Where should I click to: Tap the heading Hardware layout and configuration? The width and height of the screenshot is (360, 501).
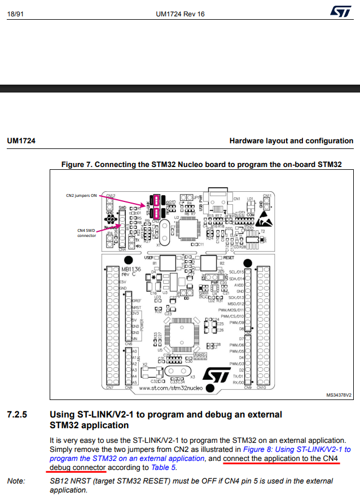(291, 141)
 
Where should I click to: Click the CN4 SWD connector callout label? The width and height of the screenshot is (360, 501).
(86, 232)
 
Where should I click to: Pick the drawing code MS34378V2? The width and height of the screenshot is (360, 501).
(339, 396)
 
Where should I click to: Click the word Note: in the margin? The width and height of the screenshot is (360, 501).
(16, 481)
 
